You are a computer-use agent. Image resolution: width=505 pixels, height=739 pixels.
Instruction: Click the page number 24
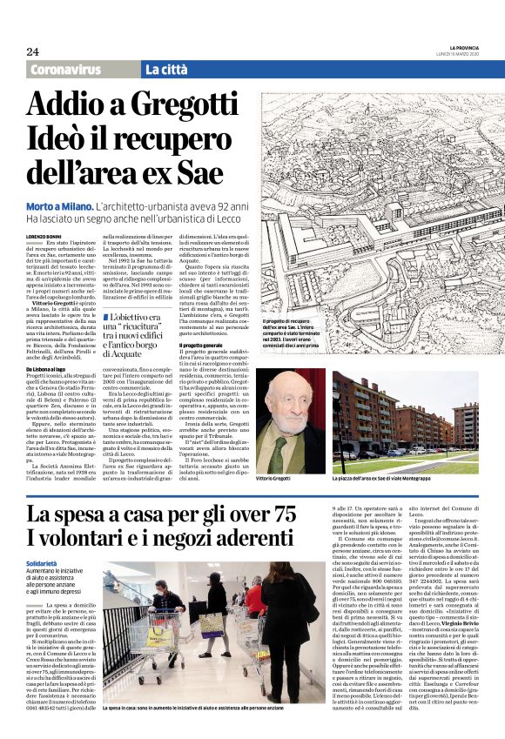(32, 51)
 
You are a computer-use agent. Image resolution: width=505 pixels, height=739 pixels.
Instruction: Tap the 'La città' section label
(168, 70)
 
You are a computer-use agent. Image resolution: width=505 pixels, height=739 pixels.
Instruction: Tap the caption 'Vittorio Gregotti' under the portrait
(279, 479)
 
